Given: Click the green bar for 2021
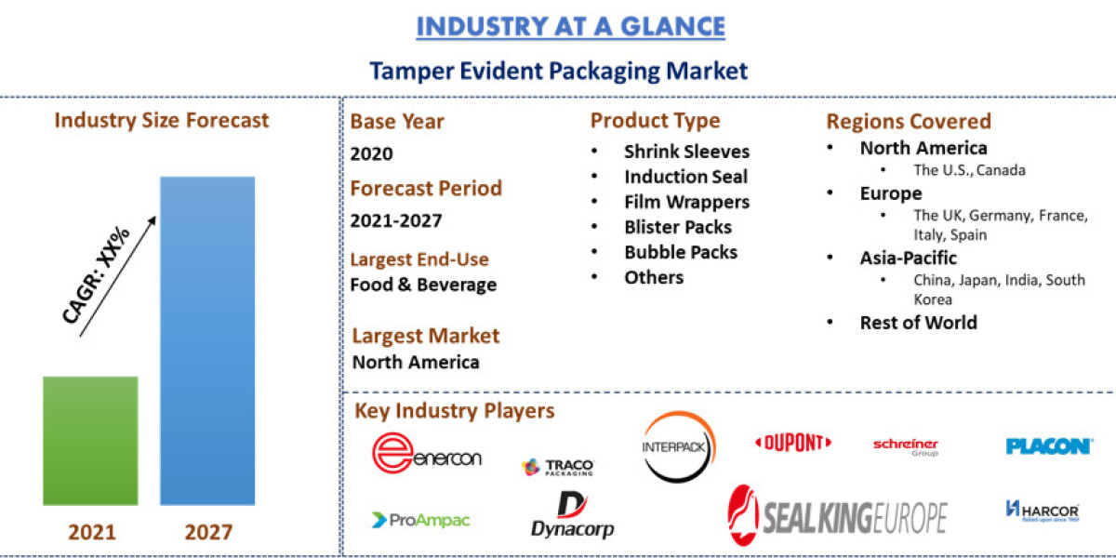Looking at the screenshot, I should (x=91, y=441).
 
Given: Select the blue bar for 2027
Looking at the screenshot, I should (x=207, y=340).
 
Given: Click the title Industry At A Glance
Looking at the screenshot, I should (x=570, y=26).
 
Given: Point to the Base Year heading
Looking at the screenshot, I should (x=397, y=122).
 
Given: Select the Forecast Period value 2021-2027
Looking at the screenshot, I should (x=396, y=221).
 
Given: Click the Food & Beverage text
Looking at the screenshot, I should (x=423, y=285).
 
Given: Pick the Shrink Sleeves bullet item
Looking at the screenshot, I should (x=686, y=152).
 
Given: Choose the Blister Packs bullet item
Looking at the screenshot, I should (x=678, y=227).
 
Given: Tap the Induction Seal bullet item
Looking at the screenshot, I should (x=685, y=177).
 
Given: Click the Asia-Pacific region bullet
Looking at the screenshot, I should (x=908, y=258).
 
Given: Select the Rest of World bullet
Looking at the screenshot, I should (x=918, y=323).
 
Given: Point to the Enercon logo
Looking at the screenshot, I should (x=427, y=454).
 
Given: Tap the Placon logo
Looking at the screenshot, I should (x=1048, y=446).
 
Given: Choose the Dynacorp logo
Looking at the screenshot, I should (x=572, y=517).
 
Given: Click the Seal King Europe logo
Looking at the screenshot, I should (x=837, y=514).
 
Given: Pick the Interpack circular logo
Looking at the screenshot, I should (x=678, y=446).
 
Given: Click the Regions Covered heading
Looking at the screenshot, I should (x=909, y=122).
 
